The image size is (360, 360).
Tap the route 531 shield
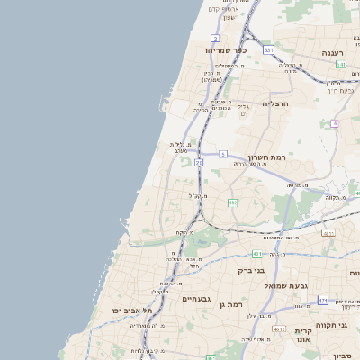click(268, 50)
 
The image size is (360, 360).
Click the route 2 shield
click(215, 38)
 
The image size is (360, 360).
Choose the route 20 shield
click(198, 162)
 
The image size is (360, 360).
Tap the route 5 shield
click(222, 154)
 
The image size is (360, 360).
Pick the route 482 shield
click(232, 202)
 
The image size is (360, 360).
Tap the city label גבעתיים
click(195, 299)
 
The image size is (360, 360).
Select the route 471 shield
click(323, 301)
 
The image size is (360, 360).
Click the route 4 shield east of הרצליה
click(335, 123)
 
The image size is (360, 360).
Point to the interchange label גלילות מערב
click(179, 148)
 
